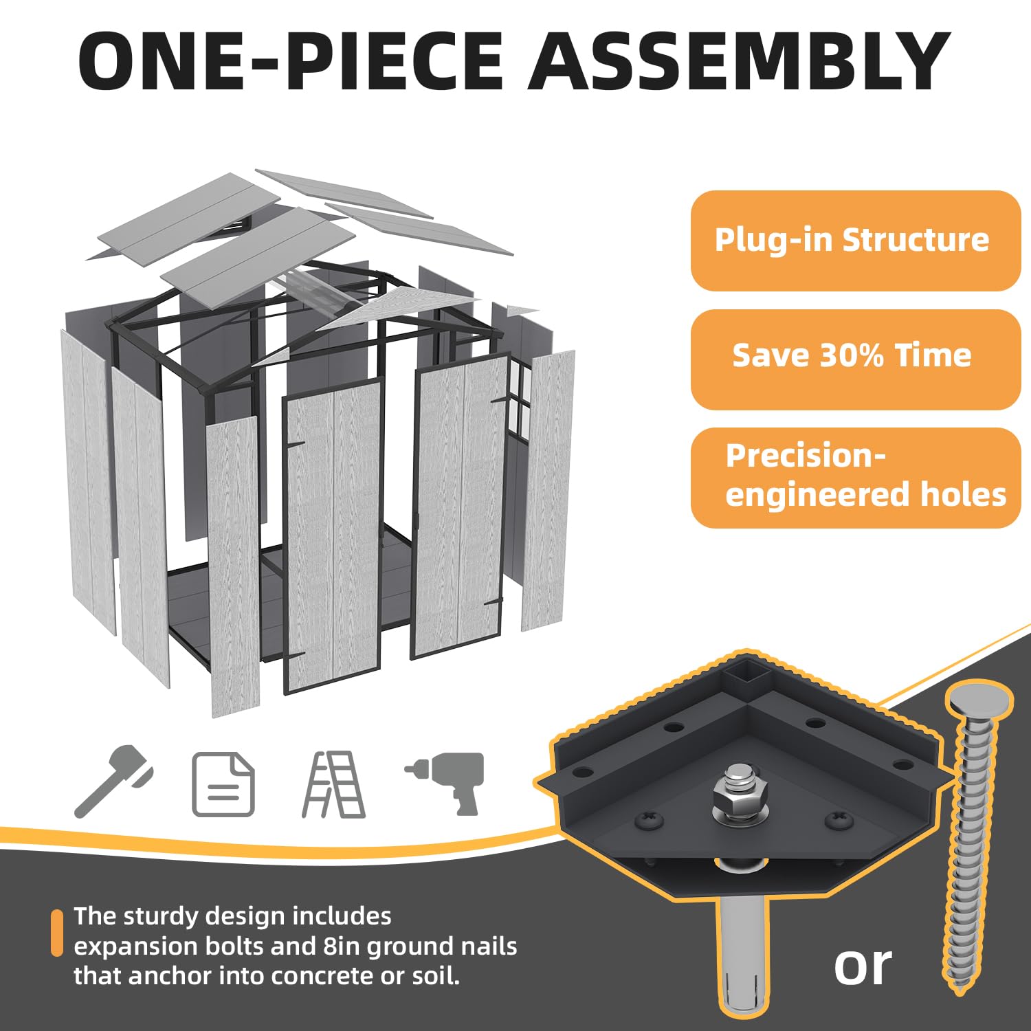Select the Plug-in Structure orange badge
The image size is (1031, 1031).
pyautogui.click(x=855, y=241)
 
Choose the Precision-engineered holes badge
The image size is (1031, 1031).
pyautogui.click(x=855, y=478)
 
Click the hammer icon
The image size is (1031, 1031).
pyautogui.click(x=113, y=780)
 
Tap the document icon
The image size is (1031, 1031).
pyautogui.click(x=223, y=784)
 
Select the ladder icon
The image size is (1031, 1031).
pyautogui.click(x=334, y=784)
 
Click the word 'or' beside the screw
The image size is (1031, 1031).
pyautogui.click(x=863, y=966)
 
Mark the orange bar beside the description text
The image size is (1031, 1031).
pyautogui.click(x=57, y=933)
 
